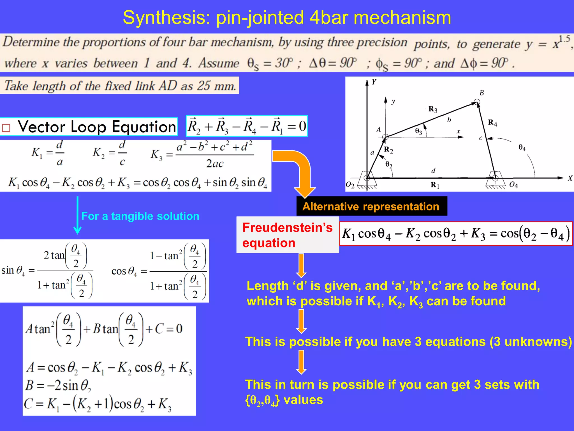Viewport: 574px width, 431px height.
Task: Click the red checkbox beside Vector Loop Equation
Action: (x=6, y=128)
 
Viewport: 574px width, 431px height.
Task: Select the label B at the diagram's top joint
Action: (x=482, y=93)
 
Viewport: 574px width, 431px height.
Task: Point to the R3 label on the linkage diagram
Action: (x=433, y=109)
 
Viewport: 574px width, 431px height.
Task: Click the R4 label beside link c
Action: (x=492, y=123)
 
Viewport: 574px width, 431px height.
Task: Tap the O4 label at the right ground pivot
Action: (x=513, y=185)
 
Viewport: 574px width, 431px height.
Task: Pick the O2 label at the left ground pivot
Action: (x=350, y=185)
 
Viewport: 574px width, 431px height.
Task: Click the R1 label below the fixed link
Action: (x=435, y=185)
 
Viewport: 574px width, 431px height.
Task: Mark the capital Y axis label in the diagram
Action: (x=374, y=82)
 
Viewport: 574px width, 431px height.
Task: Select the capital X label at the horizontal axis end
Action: (x=570, y=178)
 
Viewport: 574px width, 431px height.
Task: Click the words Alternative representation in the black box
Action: (x=371, y=207)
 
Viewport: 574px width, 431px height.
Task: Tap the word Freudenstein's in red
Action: (x=287, y=228)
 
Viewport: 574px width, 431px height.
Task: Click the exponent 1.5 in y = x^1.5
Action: (x=564, y=39)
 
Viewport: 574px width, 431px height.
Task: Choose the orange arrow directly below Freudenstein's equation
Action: (x=301, y=265)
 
